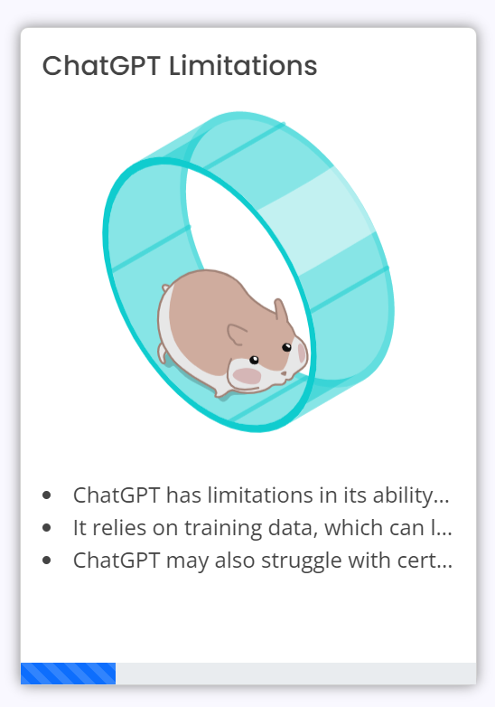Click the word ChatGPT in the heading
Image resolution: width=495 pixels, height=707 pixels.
tap(101, 66)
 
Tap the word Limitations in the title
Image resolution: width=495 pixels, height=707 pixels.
tap(243, 66)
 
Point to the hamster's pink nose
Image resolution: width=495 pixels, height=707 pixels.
tap(284, 373)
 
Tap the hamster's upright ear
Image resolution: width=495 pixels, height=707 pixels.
tap(281, 310)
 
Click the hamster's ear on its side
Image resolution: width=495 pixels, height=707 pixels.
tap(237, 334)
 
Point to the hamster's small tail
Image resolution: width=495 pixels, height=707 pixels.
tap(165, 288)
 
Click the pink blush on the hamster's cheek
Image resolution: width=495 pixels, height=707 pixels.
tap(247, 375)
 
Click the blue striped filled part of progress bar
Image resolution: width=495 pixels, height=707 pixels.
tap(68, 674)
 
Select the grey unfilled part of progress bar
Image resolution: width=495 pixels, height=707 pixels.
tap(296, 674)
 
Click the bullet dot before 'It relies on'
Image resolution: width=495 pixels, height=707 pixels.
tap(46, 528)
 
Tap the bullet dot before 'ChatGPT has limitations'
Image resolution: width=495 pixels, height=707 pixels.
tap(46, 495)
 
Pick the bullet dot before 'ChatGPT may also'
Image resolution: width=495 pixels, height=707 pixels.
tap(46, 560)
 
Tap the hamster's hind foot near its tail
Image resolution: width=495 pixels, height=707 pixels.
tap(162, 353)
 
